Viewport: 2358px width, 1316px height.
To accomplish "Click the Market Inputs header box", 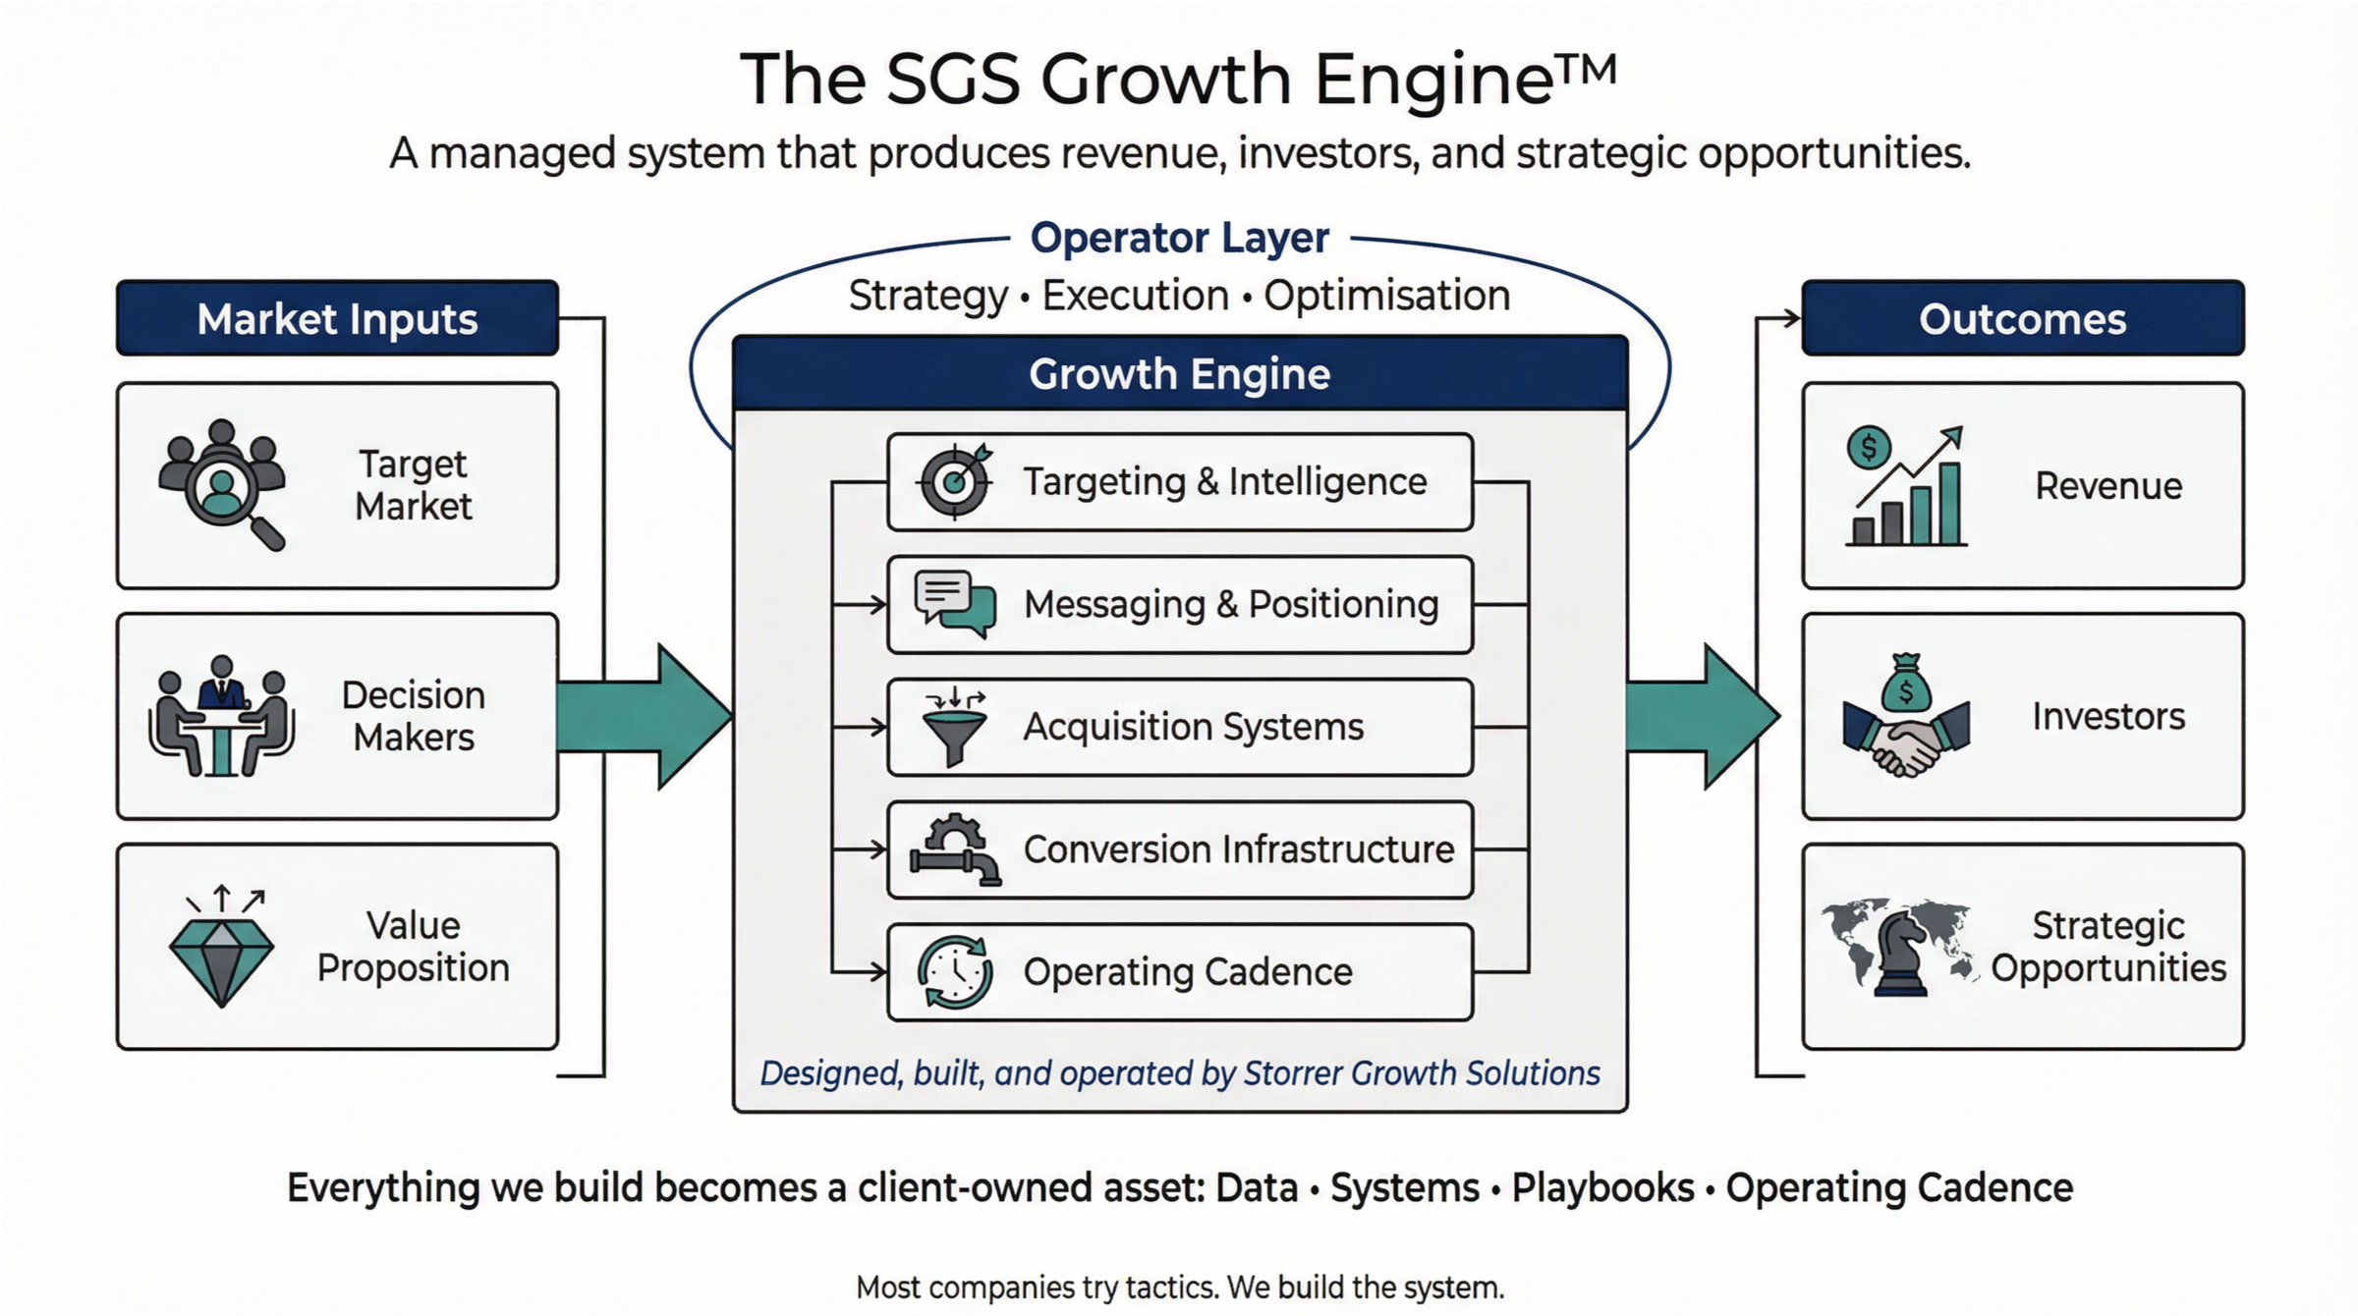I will (x=337, y=318).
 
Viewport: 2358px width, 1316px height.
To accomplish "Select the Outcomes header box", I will (x=2022, y=318).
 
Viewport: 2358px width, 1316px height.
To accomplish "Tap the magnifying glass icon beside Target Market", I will (x=222, y=484).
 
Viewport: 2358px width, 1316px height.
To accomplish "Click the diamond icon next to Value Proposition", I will (x=222, y=949).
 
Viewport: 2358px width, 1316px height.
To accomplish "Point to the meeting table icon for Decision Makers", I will (x=222, y=717).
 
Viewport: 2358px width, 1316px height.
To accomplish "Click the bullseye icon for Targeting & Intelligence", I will (x=954, y=481).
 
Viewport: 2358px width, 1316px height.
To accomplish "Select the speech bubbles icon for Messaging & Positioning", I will (x=954, y=603).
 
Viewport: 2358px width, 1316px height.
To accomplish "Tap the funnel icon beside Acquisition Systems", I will (x=954, y=727).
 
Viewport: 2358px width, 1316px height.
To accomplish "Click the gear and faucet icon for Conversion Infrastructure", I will (x=954, y=850).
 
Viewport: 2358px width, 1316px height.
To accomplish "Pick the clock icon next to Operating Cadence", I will (x=954, y=972).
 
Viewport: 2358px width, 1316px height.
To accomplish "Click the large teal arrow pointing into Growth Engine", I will (x=644, y=717).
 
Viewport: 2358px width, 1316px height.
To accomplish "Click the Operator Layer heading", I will (x=1179, y=238).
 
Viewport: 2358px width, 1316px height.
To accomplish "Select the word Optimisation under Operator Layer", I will (x=1386, y=296).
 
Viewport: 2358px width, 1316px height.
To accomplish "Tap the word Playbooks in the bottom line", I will (x=1602, y=1187).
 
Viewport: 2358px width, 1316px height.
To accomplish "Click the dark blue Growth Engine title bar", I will (x=1179, y=374).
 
